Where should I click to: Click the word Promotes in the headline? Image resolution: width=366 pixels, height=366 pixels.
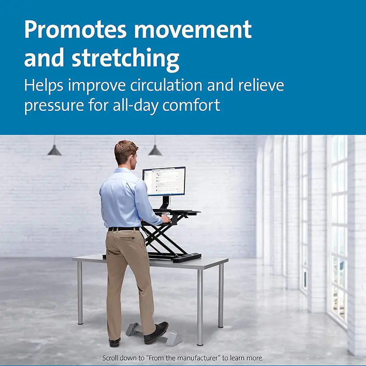(76, 29)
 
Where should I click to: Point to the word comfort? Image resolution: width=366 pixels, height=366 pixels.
(191, 105)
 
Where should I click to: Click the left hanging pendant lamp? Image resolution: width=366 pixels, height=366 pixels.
(54, 150)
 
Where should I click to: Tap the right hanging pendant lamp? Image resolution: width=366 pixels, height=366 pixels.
(155, 150)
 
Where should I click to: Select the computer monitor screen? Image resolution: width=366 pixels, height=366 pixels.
(164, 181)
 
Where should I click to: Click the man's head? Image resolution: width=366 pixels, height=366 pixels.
(126, 153)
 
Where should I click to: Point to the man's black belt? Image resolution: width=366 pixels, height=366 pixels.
(123, 229)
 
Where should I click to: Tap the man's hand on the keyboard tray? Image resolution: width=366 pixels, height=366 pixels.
(166, 219)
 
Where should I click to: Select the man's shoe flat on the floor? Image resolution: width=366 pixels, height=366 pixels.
(115, 342)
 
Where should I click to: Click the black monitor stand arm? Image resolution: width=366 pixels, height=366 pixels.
(166, 202)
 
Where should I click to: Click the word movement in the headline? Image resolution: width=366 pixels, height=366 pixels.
(193, 29)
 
